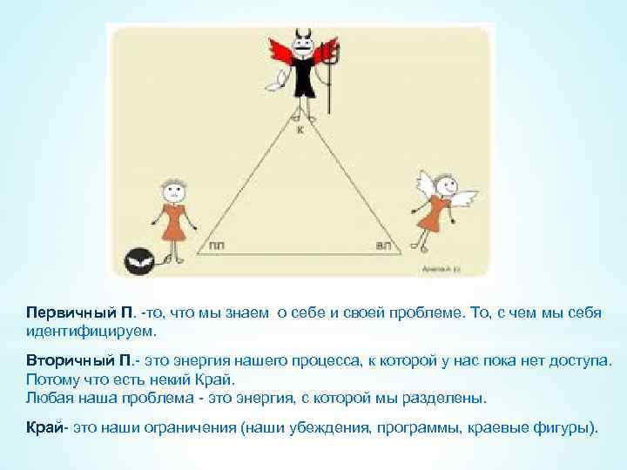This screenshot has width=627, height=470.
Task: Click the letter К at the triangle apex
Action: tap(300, 132)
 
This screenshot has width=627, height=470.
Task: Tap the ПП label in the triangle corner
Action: tap(216, 246)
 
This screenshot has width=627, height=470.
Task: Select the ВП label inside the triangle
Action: tap(382, 246)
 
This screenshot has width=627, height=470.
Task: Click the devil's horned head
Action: tap(303, 43)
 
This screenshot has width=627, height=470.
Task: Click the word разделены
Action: tap(449, 399)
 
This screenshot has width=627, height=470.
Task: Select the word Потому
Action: tap(51, 379)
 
